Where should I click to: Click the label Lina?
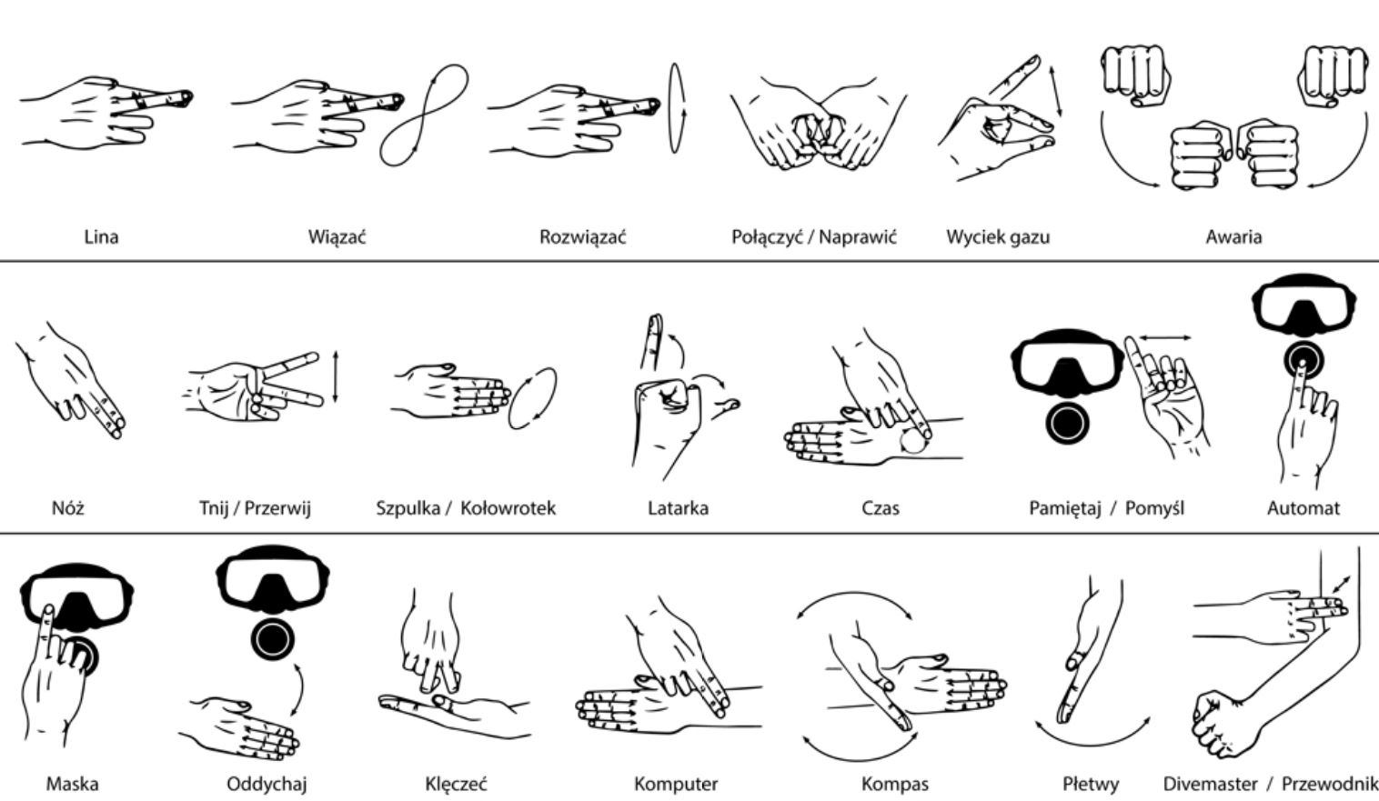coord(101,237)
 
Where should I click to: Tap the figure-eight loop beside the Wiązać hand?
coord(424,115)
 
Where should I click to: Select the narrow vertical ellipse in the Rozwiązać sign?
coord(677,108)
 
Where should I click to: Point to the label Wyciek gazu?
coord(998,237)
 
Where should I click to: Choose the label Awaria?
coord(1233,237)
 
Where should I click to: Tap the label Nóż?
coord(67,508)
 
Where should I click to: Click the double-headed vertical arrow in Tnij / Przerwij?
coord(336,377)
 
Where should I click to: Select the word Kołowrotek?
coord(508,508)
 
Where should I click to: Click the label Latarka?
coord(678,508)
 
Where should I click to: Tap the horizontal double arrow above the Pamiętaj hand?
coord(1164,337)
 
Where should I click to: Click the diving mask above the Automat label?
coord(1304,305)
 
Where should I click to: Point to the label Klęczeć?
coord(456,785)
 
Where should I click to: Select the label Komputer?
coord(675,785)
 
